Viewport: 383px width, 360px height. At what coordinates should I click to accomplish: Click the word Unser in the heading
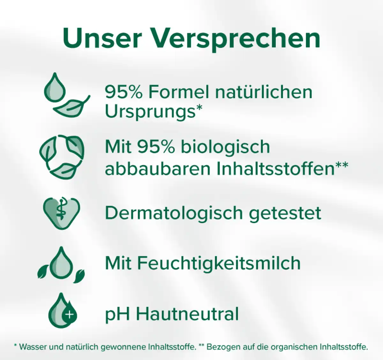(x=102, y=38)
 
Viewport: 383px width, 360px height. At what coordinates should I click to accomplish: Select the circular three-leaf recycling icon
(x=62, y=156)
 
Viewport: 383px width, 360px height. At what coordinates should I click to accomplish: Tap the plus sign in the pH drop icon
(x=69, y=315)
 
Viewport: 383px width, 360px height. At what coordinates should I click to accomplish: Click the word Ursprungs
(x=150, y=112)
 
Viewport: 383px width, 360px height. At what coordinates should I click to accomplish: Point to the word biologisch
(x=225, y=147)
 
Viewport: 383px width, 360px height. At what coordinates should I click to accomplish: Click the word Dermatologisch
(x=174, y=213)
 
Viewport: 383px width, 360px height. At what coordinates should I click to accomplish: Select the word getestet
(x=285, y=213)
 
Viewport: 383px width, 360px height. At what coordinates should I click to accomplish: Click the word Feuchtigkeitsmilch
(x=219, y=263)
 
